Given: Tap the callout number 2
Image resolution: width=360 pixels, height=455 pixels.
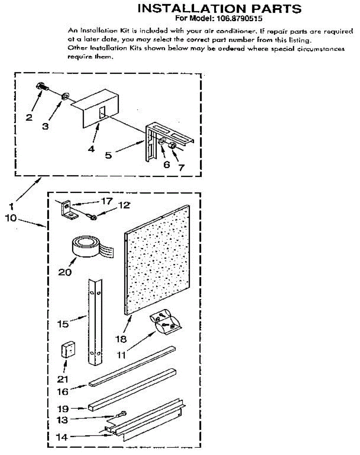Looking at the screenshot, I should point(29,117).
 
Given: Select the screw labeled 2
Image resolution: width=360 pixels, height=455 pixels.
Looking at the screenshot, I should point(42,87).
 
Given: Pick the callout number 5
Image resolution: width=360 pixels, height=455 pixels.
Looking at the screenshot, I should point(108,155).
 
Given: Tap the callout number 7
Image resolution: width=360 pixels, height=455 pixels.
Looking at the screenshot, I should point(182,167).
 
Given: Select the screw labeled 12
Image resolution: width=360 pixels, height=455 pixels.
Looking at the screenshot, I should point(92,217).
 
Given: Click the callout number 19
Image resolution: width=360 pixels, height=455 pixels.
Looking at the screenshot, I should point(63,409).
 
